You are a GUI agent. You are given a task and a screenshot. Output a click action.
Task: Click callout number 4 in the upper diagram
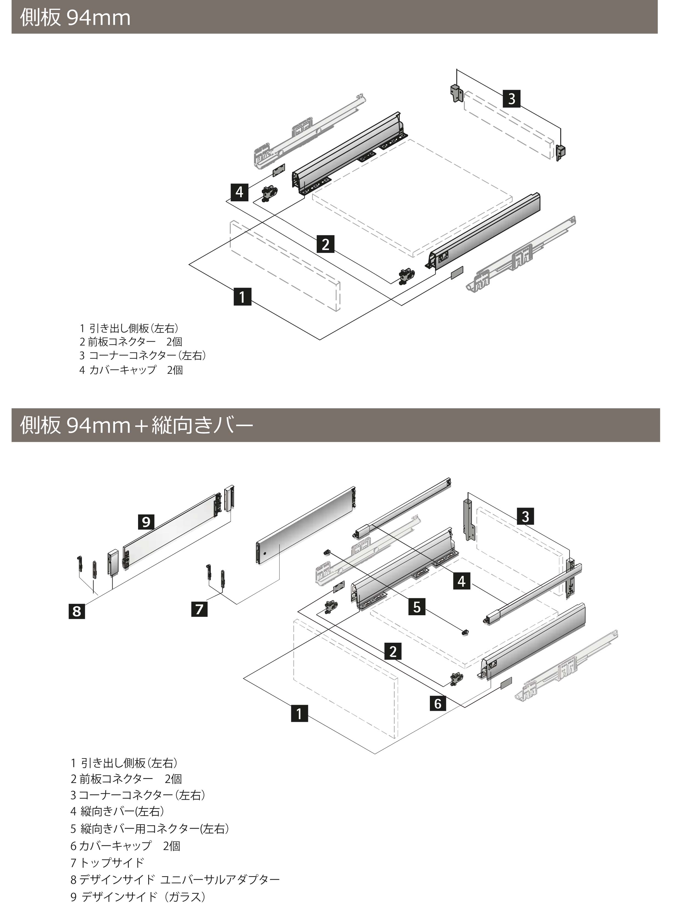[239, 192]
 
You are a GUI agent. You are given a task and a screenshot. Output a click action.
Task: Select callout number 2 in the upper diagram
[325, 244]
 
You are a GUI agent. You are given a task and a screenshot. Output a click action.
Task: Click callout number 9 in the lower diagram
[146, 522]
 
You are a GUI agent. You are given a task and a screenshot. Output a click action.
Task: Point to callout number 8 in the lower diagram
[76, 611]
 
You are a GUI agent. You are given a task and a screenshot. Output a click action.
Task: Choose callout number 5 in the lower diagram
[416, 607]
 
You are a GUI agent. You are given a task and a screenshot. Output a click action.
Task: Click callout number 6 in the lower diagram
[438, 703]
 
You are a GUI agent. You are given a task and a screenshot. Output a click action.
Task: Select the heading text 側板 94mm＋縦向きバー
[136, 425]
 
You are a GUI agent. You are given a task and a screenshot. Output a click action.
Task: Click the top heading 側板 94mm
[75, 18]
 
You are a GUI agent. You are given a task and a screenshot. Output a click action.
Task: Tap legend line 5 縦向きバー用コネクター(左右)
[150, 829]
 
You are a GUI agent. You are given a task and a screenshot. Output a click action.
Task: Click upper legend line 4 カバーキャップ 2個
[131, 370]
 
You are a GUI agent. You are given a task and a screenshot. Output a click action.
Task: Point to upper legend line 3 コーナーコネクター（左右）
[142, 356]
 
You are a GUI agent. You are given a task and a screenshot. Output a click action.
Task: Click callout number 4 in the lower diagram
[461, 581]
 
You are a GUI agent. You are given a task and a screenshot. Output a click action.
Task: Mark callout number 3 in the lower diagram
[525, 516]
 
